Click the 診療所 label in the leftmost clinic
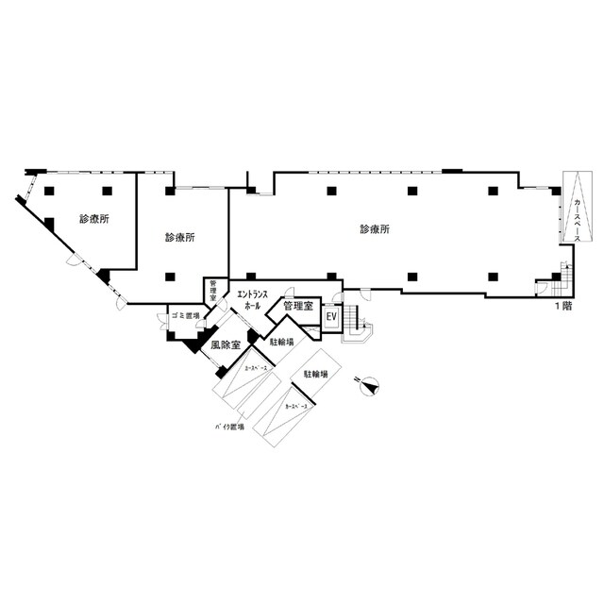94,219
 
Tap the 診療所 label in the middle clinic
180,237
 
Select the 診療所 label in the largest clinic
376,229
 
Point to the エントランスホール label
252,301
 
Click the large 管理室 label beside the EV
298,306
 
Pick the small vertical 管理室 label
213,291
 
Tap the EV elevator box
331,317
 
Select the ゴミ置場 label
185,316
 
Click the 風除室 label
225,346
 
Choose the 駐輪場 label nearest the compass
315,375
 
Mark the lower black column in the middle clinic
170,277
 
